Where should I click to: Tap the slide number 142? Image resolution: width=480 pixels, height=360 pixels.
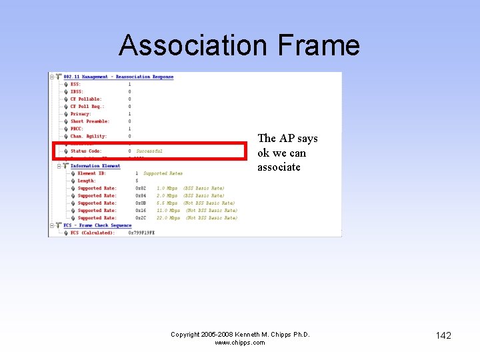click(x=443, y=335)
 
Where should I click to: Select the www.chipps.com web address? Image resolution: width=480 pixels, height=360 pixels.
click(x=240, y=343)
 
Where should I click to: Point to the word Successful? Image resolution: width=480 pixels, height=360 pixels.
click(x=149, y=151)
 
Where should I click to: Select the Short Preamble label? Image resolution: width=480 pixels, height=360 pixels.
click(x=89, y=121)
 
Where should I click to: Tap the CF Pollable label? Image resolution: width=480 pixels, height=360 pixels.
click(x=86, y=99)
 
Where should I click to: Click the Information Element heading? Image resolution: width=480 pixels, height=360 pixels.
click(x=95, y=166)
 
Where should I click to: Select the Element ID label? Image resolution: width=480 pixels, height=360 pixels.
click(x=91, y=173)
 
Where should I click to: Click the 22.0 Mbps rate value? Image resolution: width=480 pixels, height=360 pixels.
click(x=168, y=218)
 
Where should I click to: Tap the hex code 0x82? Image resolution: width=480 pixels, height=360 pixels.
click(x=140, y=189)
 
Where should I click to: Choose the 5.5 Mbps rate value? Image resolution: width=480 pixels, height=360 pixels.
click(x=167, y=203)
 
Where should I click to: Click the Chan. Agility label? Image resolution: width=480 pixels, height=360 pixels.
click(x=89, y=136)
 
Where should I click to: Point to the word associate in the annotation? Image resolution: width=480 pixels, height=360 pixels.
click(x=279, y=167)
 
